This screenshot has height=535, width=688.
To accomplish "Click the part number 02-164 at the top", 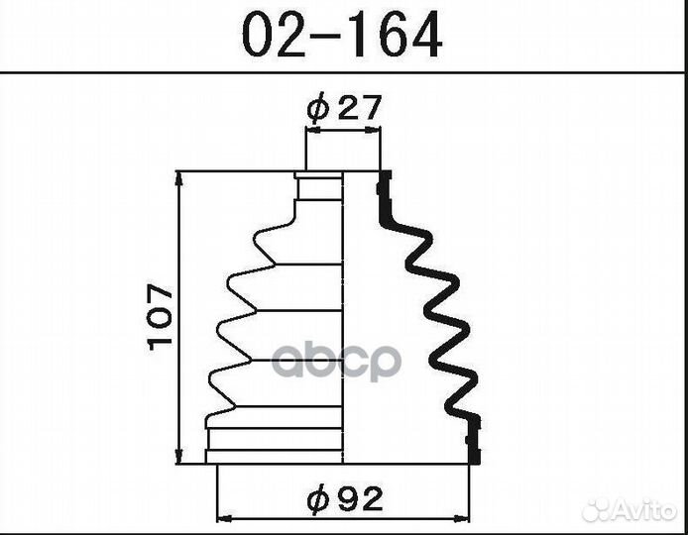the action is (342, 36).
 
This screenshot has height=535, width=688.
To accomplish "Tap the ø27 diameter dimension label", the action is (343, 107).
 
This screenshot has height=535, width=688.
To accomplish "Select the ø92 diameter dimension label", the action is (345, 498).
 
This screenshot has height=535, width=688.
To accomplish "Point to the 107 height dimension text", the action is (161, 317).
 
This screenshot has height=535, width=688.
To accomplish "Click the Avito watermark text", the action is (645, 510).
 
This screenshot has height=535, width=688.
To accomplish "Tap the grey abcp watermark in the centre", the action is (337, 361).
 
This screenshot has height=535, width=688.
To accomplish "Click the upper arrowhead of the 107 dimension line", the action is (178, 179).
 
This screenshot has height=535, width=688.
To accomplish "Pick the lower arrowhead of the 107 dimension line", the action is (178, 455).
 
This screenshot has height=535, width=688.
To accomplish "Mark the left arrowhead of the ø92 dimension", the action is (225, 518).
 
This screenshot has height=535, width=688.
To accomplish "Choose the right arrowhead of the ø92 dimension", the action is (462, 518).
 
